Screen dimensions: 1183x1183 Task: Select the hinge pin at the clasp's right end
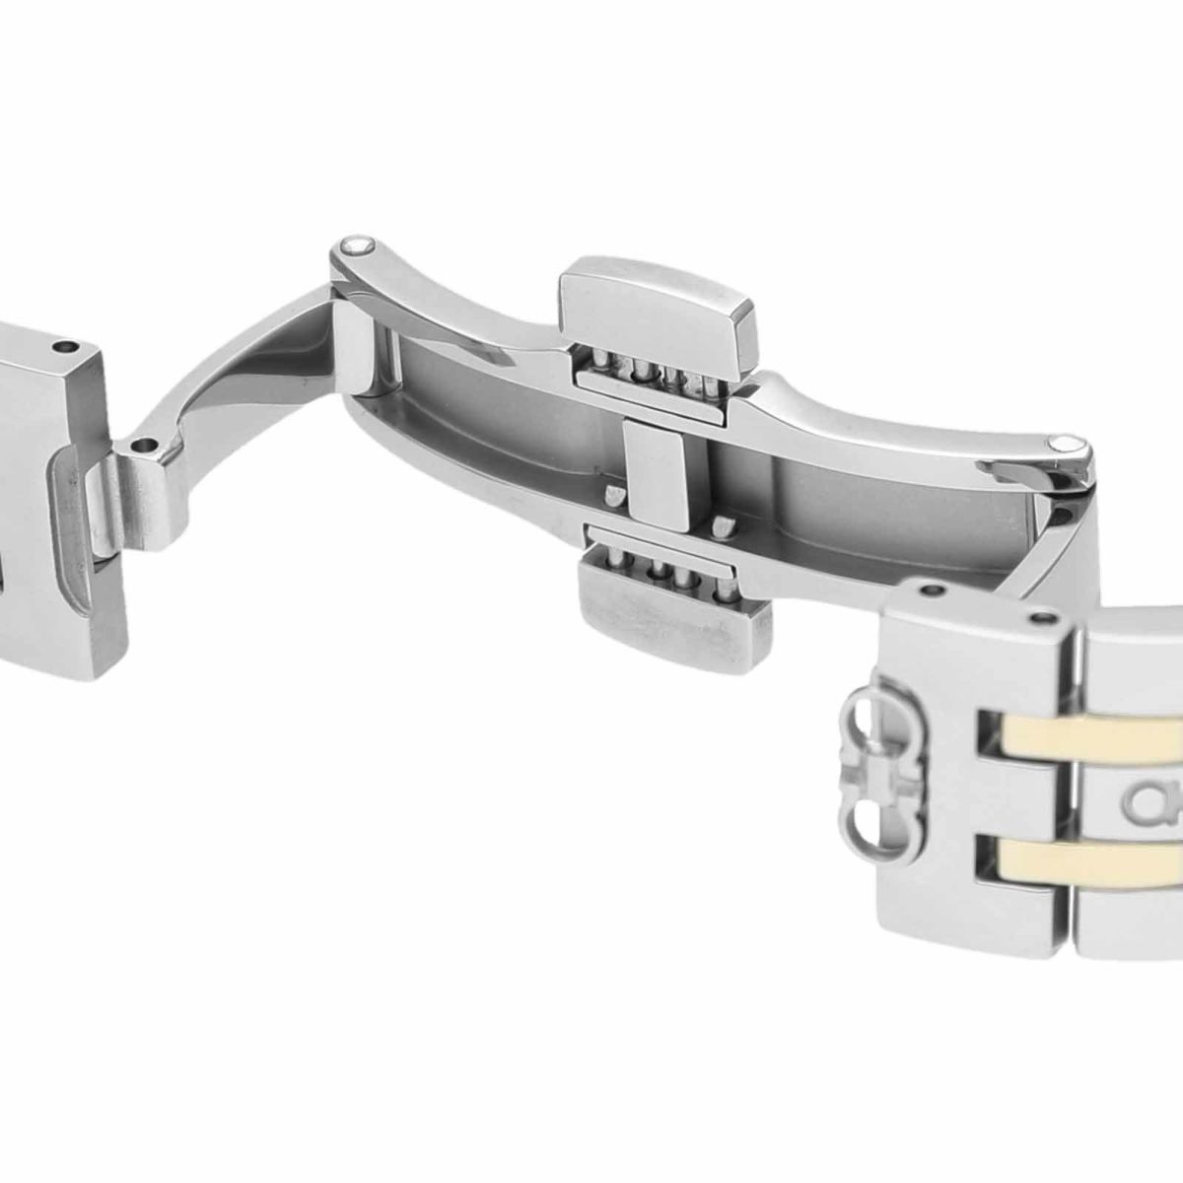point(1065,444)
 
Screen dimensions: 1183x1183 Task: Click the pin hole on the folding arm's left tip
point(149,447)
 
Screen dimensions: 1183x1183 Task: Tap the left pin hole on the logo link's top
point(932,592)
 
